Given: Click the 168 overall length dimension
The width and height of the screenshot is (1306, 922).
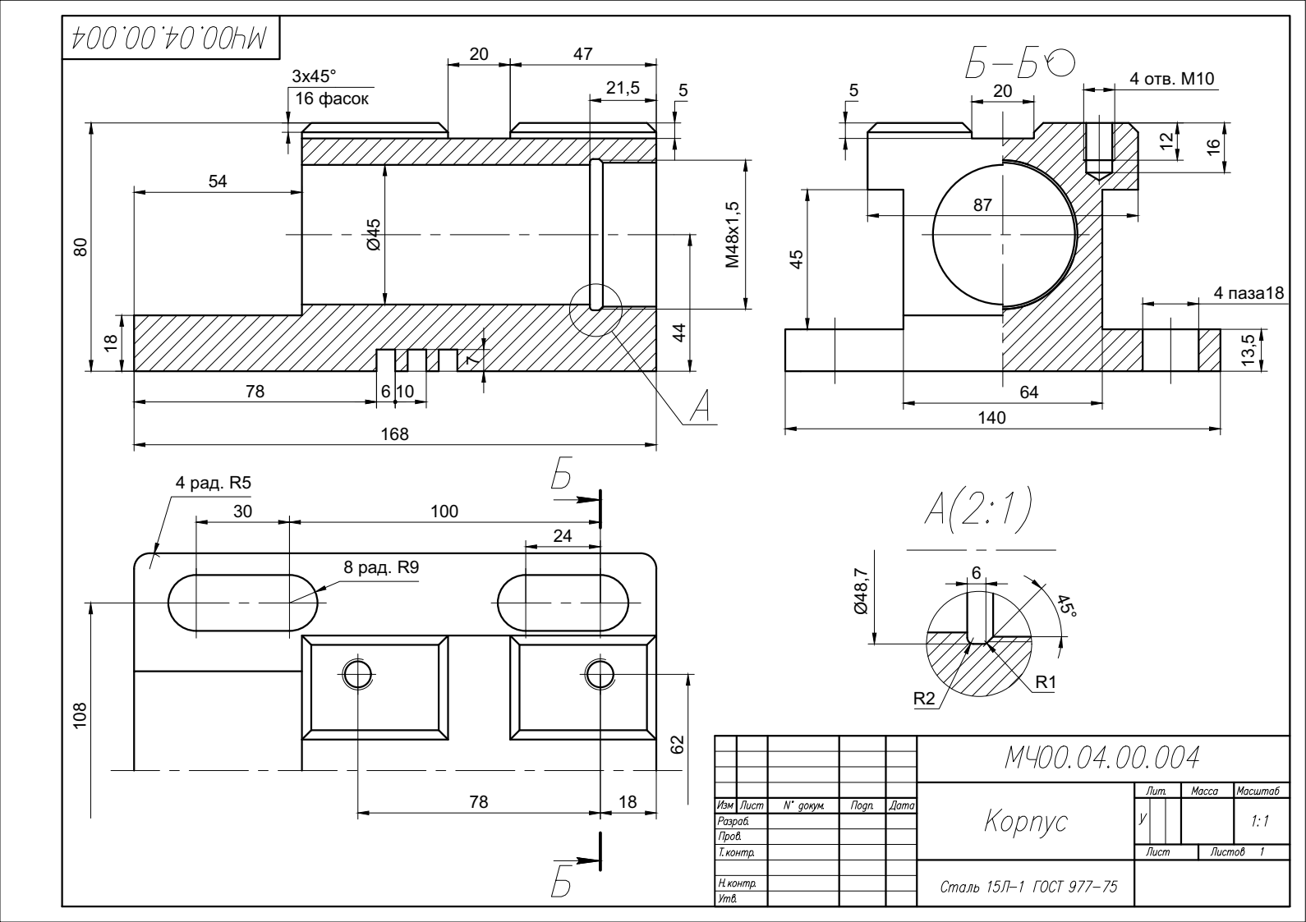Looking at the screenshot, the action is click(x=395, y=434).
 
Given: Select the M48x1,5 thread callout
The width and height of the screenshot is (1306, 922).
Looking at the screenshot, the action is click(x=733, y=235).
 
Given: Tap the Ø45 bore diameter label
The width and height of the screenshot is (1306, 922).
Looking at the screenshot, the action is click(x=373, y=235).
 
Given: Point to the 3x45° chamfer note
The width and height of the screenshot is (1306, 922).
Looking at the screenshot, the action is click(x=314, y=76).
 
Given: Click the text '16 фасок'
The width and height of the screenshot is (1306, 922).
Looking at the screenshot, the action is click(x=332, y=99).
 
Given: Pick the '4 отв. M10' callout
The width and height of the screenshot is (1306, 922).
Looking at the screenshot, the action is click(x=1172, y=79).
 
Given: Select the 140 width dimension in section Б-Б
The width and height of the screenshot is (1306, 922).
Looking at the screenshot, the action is click(x=991, y=418).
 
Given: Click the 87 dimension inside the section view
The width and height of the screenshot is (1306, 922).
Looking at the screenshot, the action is click(x=982, y=205).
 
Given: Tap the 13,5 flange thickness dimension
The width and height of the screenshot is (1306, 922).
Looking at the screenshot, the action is click(x=1249, y=350).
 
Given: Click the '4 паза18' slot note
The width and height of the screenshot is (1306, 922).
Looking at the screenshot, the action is click(x=1249, y=292).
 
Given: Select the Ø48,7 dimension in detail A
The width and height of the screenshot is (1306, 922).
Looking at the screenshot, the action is click(x=861, y=591).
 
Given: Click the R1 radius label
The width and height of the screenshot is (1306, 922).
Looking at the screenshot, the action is click(x=1046, y=682).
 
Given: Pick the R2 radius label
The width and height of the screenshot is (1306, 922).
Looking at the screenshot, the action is click(x=924, y=698).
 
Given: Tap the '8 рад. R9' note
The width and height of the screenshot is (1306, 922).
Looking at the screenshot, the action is click(x=381, y=567).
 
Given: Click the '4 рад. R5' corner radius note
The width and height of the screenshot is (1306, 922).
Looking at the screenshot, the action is click(x=214, y=483).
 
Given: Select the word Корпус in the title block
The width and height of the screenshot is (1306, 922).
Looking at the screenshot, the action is click(x=1026, y=822).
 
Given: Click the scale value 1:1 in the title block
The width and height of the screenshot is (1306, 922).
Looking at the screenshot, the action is click(x=1260, y=821).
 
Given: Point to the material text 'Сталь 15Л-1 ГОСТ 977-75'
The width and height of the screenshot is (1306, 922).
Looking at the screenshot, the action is click(x=1029, y=887).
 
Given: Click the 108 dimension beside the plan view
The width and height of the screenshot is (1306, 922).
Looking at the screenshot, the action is click(x=80, y=715).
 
